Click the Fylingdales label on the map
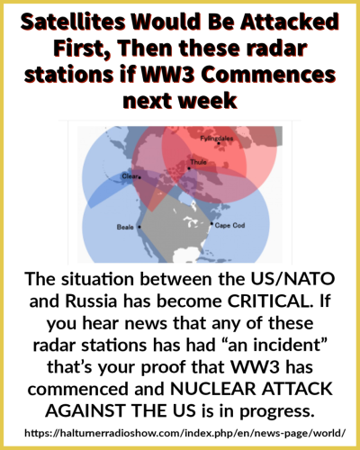click(x=217, y=139)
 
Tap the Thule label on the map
click(x=198, y=162)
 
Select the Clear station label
click(x=130, y=176)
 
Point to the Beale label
click(x=125, y=227)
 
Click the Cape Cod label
click(x=229, y=225)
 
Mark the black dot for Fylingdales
click(x=219, y=143)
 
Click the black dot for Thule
click(x=189, y=168)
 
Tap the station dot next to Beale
click(x=139, y=227)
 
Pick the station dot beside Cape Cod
click(x=211, y=223)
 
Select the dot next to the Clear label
click(x=139, y=177)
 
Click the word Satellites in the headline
click(x=73, y=22)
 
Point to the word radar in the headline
click(x=276, y=49)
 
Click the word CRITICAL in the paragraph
click(x=269, y=301)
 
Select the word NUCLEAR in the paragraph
click(x=213, y=389)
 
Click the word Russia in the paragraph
click(x=91, y=301)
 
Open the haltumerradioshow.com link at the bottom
click(x=184, y=433)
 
